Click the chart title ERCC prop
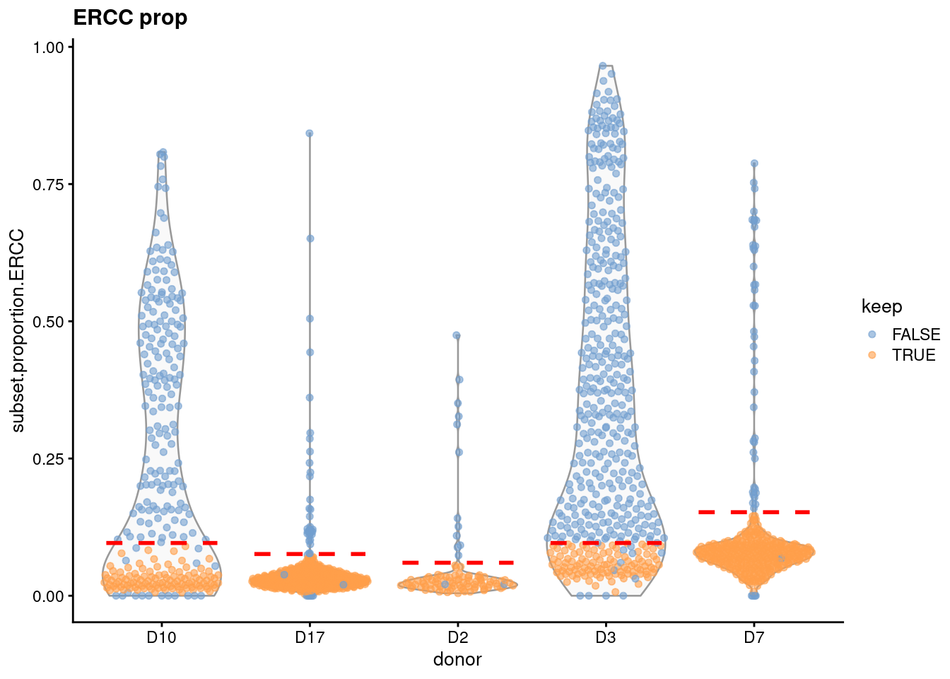tap(130, 18)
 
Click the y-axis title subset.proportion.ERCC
tap(18, 330)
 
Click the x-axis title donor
tap(457, 659)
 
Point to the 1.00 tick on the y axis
tap(49, 47)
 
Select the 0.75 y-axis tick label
tap(49, 185)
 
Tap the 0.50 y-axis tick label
tap(49, 322)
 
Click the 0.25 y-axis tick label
tap(49, 459)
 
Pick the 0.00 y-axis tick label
tap(49, 596)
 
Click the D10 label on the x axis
tap(161, 638)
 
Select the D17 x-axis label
tap(310, 638)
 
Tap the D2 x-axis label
tap(457, 638)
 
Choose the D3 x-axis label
tap(606, 638)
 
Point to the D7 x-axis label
tap(753, 638)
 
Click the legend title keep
tap(881, 306)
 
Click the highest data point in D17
tap(310, 133)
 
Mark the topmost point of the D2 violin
tap(457, 335)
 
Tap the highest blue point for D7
tap(754, 163)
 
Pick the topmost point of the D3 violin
tap(603, 66)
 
